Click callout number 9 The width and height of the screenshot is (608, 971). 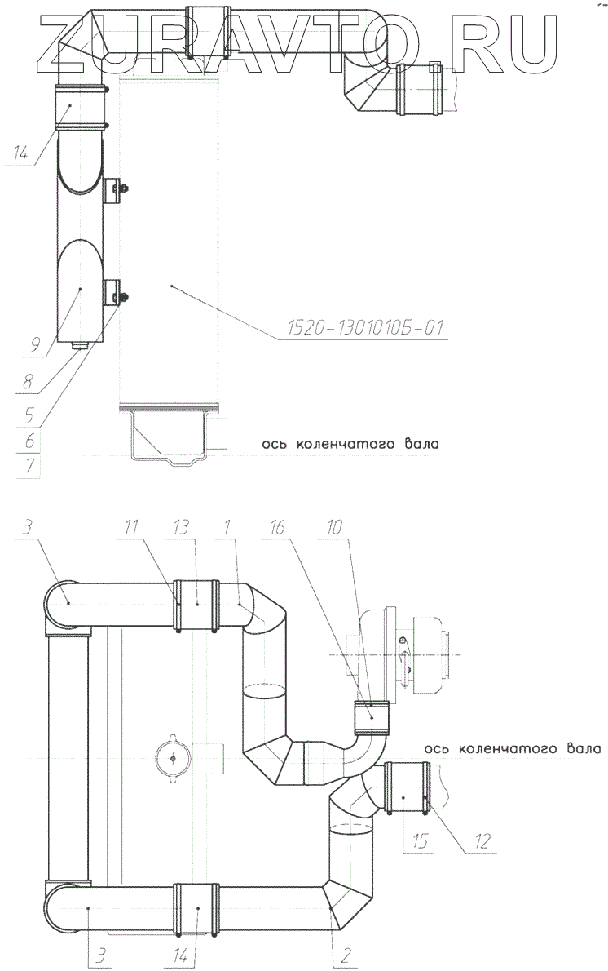click(x=35, y=345)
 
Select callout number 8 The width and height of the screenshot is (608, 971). click(x=28, y=382)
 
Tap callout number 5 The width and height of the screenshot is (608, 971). click(x=29, y=415)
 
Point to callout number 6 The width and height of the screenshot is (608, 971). click(x=30, y=441)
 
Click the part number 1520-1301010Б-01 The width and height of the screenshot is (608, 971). click(x=366, y=327)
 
